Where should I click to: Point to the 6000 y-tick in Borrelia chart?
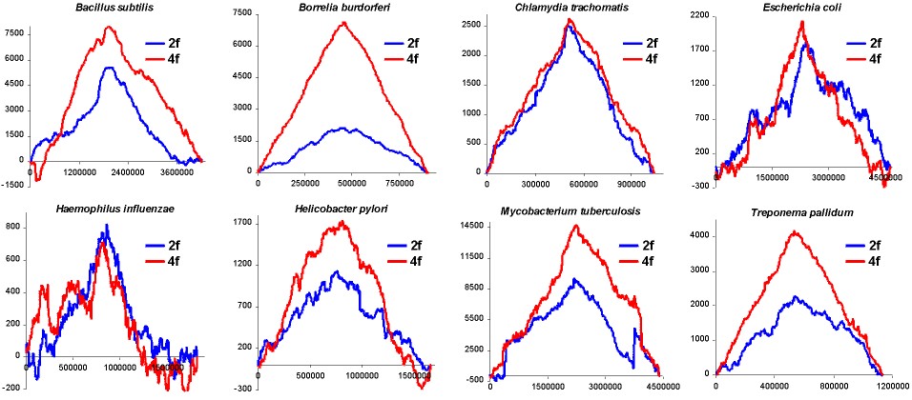[x=240, y=45]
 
